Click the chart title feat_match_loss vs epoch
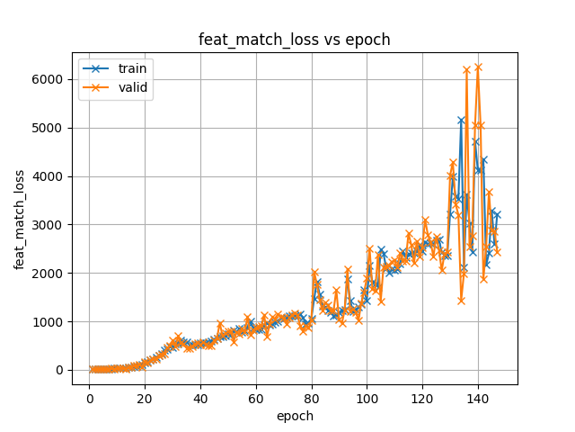click(294, 40)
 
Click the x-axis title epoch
click(294, 416)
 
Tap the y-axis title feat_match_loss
click(19, 219)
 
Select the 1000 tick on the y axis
click(51, 321)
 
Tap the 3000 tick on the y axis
click(51, 225)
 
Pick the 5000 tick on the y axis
click(51, 128)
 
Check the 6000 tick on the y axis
click(51, 79)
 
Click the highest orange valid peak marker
click(478, 67)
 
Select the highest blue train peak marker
click(461, 120)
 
